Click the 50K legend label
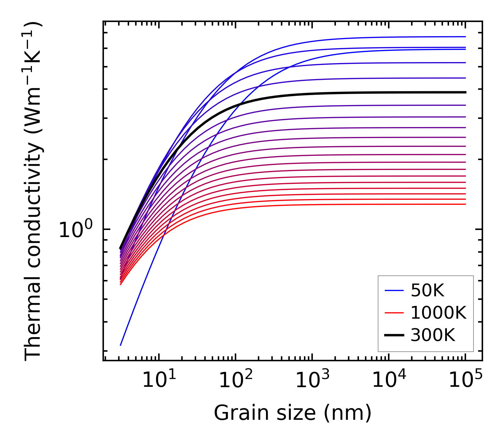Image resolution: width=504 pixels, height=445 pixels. coord(427,291)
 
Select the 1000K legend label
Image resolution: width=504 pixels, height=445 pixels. coord(438,313)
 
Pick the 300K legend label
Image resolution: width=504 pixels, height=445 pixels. coord(433,335)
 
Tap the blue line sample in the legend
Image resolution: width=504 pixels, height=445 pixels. coord(394,291)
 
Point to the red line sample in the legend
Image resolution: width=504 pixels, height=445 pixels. coord(394,313)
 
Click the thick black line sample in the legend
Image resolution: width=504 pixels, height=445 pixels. coord(394,335)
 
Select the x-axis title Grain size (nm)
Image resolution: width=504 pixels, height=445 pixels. coord(293,413)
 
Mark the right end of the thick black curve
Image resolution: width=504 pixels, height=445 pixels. coord(465,92)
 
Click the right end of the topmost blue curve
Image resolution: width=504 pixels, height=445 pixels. coord(465,37)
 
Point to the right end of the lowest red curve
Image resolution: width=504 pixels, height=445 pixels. coord(465,204)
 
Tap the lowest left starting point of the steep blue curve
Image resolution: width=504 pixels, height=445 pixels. coord(121,345)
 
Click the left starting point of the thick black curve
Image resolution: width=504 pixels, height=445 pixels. coord(121,248)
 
